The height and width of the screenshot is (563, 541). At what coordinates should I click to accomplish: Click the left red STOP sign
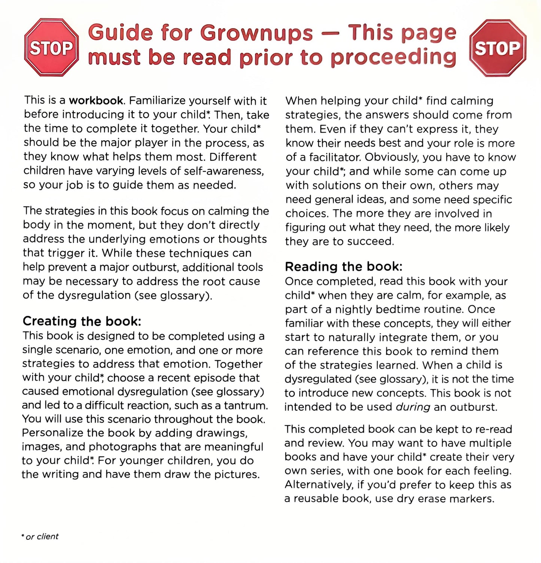[x=51, y=48]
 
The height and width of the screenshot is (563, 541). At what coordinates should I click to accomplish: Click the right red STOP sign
[x=497, y=48]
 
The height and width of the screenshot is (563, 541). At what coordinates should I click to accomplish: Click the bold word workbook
[x=96, y=101]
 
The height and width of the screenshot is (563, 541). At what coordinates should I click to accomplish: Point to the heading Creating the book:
[x=82, y=321]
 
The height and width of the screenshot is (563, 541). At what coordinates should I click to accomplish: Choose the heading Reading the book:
[x=343, y=267]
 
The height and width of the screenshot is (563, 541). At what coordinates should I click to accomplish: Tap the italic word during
[x=413, y=407]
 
